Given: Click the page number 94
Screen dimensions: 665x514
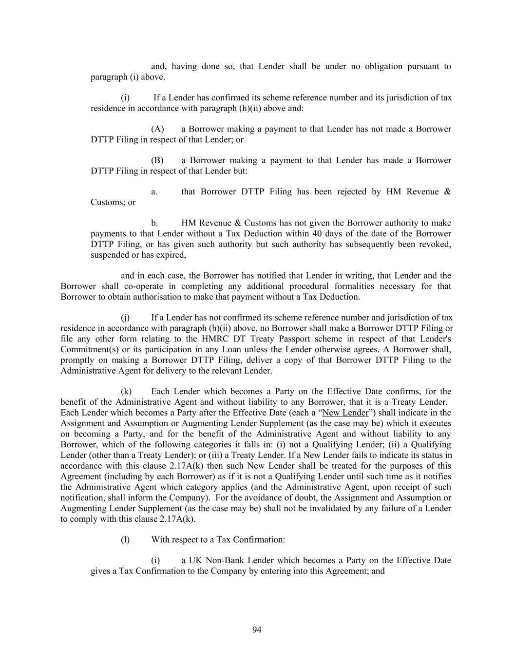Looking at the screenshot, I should click(257, 630).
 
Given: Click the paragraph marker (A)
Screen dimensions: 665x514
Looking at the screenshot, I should click(157, 129).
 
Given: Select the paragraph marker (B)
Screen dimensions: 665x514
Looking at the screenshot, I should click(157, 160).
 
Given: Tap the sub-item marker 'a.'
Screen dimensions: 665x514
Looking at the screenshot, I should click(154, 191).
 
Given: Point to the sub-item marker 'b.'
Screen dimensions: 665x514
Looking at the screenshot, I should click(154, 223).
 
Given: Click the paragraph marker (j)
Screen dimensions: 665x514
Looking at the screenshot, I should click(125, 318).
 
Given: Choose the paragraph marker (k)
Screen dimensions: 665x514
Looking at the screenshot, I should click(126, 391).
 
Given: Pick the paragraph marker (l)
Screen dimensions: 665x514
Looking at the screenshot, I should click(125, 539).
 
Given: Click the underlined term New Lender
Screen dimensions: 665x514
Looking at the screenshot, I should click(345, 413).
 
